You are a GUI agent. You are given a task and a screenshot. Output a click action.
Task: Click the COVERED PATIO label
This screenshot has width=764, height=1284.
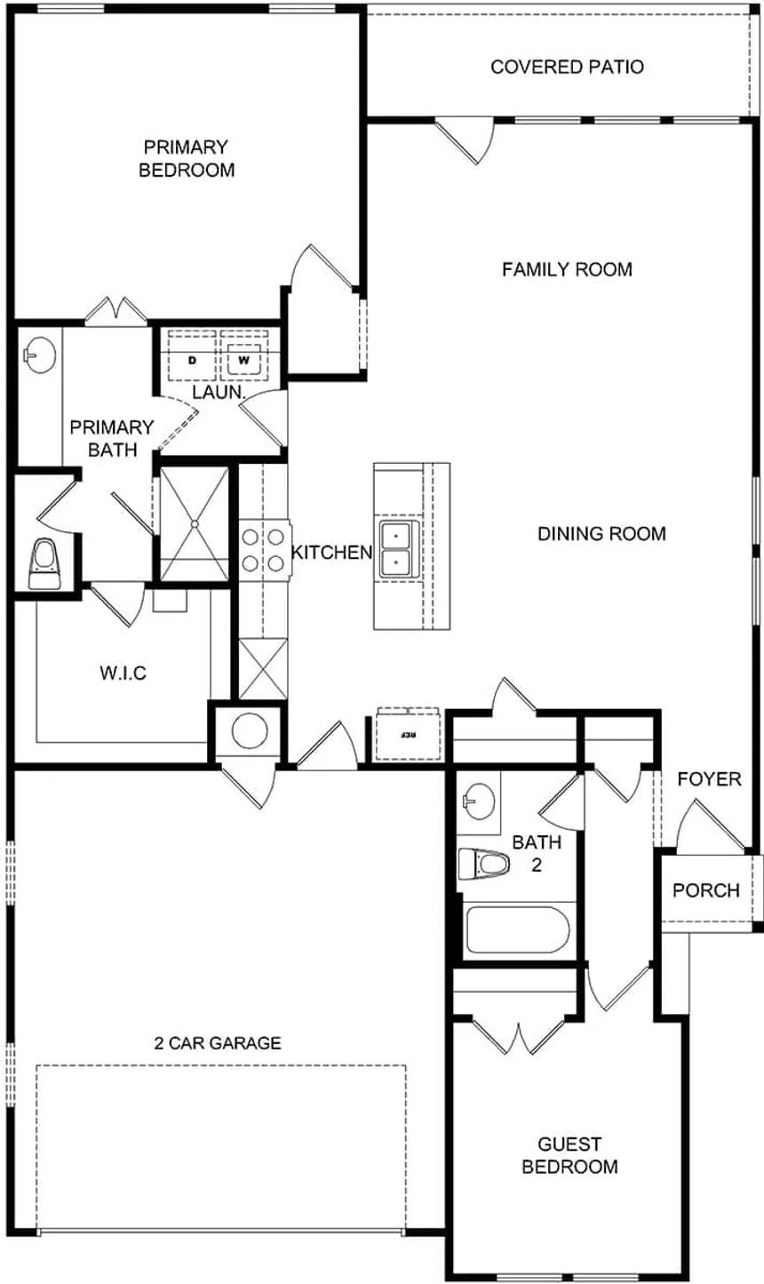coord(567,67)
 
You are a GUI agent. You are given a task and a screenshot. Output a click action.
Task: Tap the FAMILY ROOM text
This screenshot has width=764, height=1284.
coord(567,269)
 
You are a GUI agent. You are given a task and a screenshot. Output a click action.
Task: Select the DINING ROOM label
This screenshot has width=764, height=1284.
coord(601,534)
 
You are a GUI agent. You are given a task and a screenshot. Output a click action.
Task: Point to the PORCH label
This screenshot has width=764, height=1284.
coord(706,890)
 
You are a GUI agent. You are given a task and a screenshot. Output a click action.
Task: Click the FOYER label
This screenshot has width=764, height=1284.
coord(709,779)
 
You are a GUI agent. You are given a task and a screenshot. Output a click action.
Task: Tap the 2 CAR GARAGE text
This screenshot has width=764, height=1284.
coord(218,1042)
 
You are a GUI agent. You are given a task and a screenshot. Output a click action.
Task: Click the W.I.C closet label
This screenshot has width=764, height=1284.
coord(123,673)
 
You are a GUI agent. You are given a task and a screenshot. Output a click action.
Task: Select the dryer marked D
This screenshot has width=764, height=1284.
coord(193,356)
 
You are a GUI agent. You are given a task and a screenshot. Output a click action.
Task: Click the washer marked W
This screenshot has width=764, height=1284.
coord(244,356)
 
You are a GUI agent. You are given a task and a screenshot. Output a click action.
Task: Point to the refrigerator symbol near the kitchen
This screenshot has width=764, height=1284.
coord(408,735)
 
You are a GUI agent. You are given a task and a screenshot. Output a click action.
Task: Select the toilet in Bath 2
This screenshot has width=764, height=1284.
coord(484,864)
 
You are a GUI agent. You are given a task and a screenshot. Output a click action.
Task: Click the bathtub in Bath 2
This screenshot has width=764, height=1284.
coord(517,929)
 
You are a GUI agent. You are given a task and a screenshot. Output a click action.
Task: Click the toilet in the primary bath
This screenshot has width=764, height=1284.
coord(44,563)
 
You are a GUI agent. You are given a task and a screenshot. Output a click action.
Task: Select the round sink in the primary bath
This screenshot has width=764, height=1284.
coord(40,355)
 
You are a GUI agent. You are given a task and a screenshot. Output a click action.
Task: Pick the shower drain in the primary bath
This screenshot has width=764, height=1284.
coord(195,523)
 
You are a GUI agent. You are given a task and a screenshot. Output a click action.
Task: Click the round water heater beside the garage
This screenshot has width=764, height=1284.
coord(250,730)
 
